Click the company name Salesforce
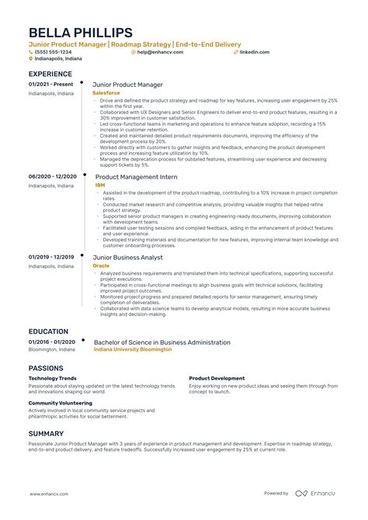(106, 92)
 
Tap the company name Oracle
(102, 265)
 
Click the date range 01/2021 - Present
(50, 84)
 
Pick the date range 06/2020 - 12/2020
(53, 177)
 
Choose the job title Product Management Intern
(137, 177)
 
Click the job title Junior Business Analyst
(128, 256)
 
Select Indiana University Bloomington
(133, 350)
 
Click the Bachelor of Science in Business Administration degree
(161, 341)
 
